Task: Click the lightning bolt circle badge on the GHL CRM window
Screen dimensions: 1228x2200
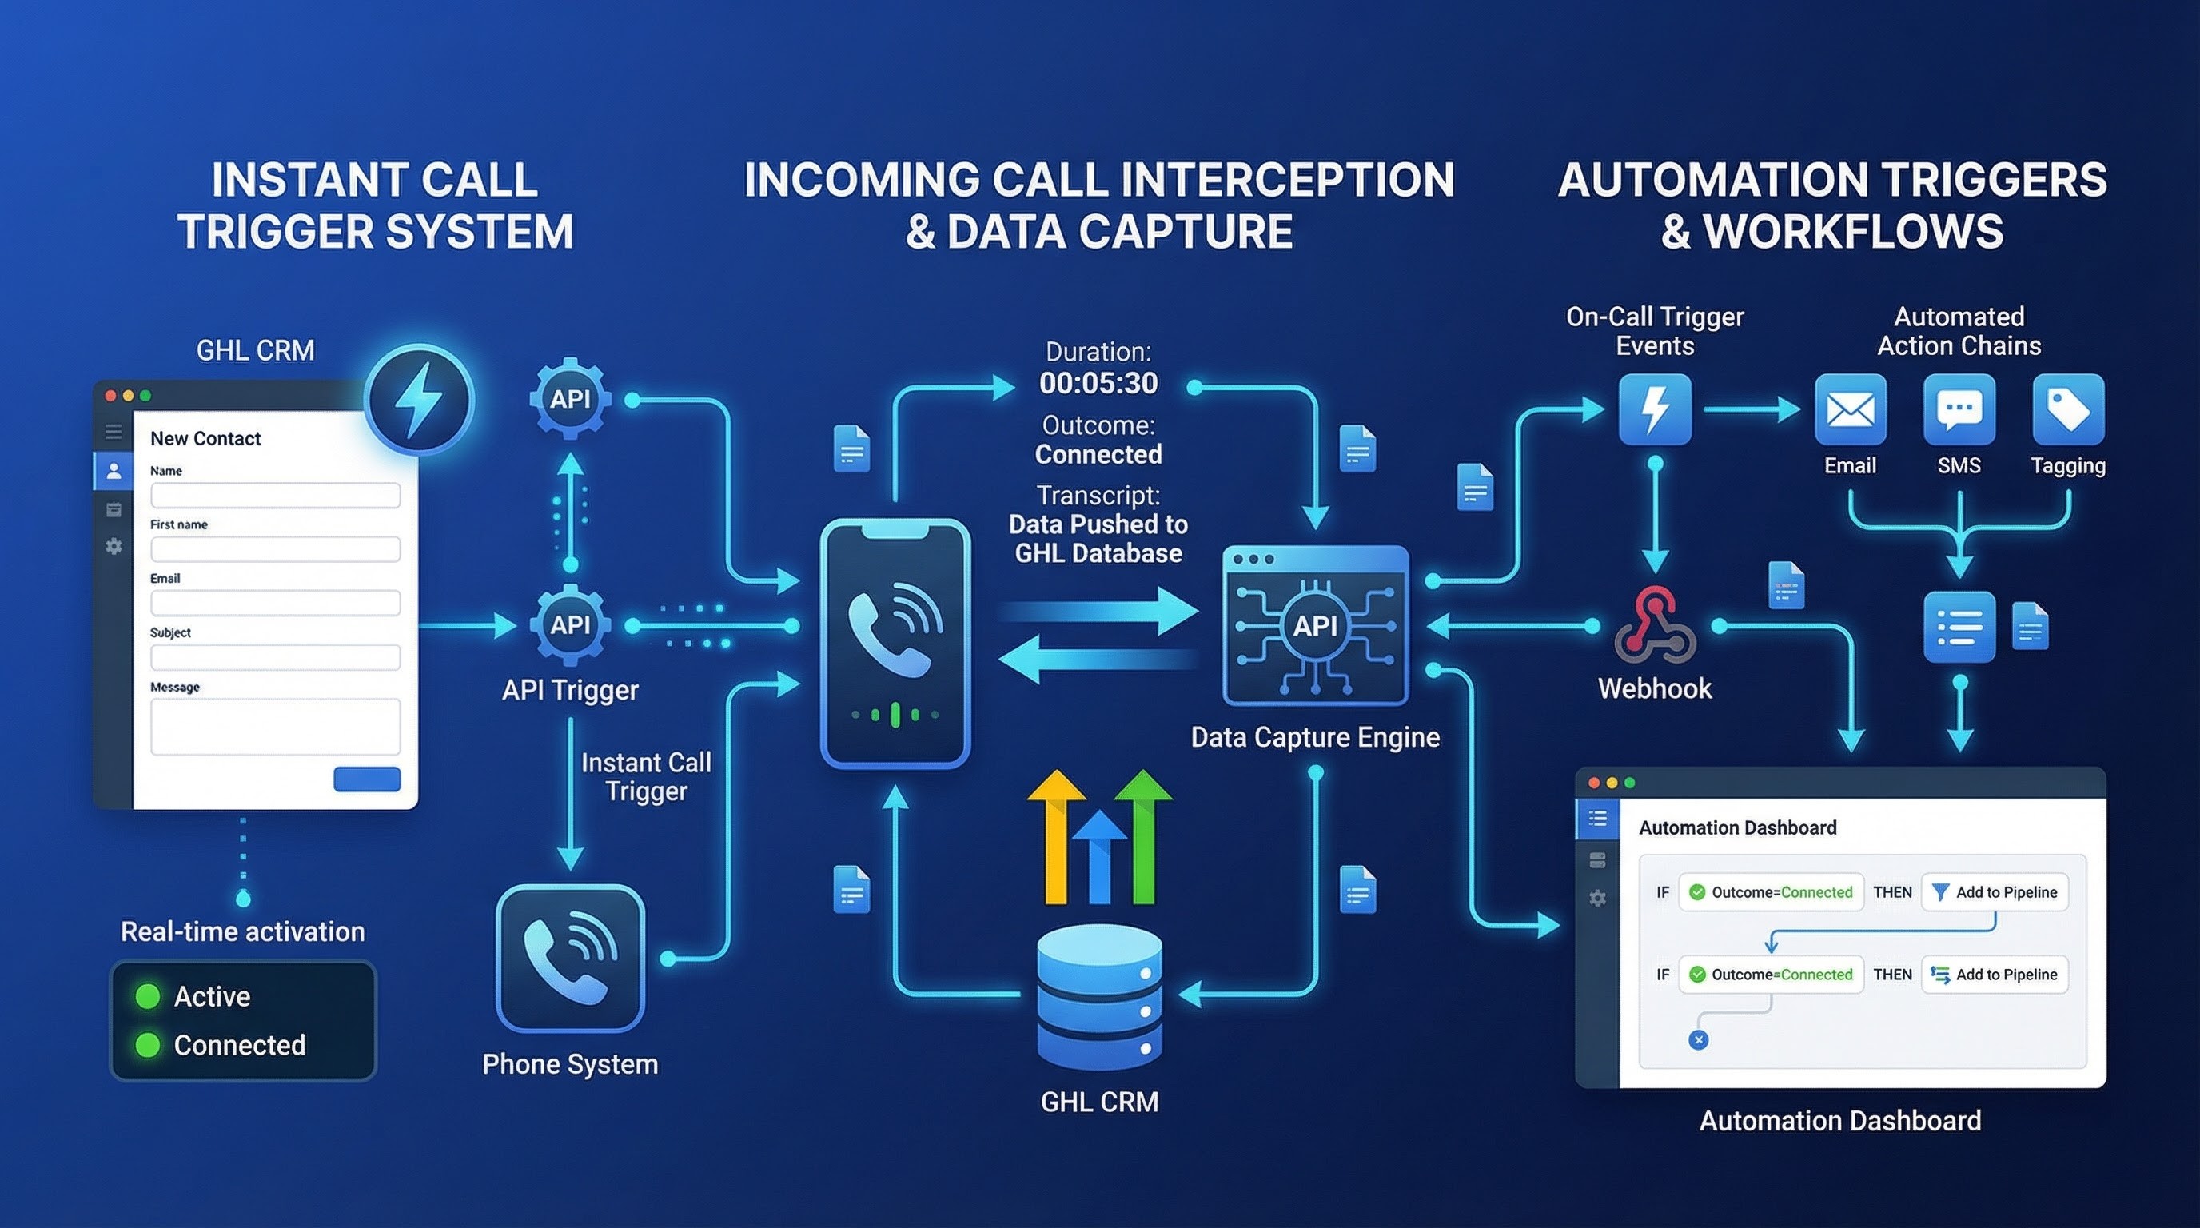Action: (x=418, y=400)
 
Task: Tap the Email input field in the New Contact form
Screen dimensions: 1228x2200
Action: (x=275, y=603)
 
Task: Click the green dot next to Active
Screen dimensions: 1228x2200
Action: (x=148, y=995)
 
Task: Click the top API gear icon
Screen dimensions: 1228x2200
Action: (x=570, y=399)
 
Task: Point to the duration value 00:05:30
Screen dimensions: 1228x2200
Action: (x=1098, y=384)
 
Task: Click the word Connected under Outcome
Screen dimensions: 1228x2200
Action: (x=1098, y=454)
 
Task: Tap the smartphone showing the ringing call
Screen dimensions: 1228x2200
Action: (x=895, y=642)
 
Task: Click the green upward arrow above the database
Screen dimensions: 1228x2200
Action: (x=1142, y=837)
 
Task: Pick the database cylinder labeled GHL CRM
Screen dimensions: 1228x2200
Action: (x=1099, y=997)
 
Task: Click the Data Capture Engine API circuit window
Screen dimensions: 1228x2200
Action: (x=1314, y=626)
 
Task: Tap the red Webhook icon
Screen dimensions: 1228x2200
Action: (x=1654, y=626)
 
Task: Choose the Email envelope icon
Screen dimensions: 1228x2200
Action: (x=1850, y=409)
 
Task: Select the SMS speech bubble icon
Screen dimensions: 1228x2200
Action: (x=1959, y=409)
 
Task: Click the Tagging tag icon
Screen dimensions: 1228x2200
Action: (x=2067, y=409)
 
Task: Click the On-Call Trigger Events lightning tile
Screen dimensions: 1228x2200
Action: (x=1654, y=409)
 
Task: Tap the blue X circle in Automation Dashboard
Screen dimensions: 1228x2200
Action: (x=1698, y=1039)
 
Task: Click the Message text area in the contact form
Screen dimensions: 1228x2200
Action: (x=275, y=726)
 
